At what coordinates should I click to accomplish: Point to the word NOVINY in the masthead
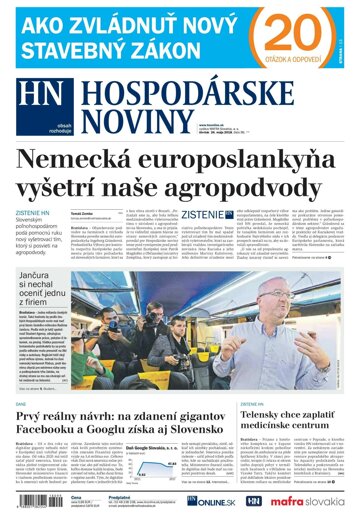pyautogui.click(x=121, y=112)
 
